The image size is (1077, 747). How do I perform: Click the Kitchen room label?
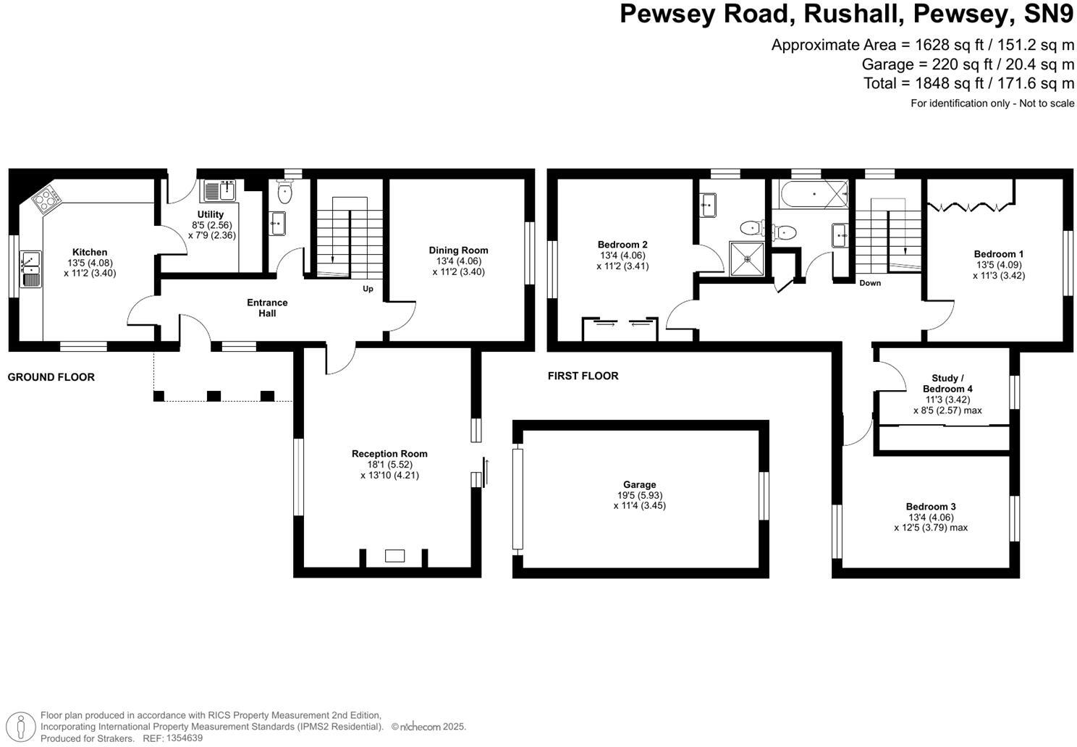(x=89, y=253)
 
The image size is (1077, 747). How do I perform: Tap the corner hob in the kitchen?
(x=46, y=198)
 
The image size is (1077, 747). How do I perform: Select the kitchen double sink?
(x=31, y=268)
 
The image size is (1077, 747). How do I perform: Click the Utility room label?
(x=211, y=214)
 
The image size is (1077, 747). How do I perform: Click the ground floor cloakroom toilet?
(x=284, y=192)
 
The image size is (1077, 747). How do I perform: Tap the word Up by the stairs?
(x=368, y=289)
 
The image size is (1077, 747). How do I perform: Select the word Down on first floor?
(x=870, y=283)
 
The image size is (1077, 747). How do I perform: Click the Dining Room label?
(x=458, y=250)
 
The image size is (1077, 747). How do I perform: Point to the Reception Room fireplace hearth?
(x=394, y=556)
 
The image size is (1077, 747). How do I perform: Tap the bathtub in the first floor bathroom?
(x=814, y=194)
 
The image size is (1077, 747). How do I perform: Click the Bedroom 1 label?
(x=998, y=254)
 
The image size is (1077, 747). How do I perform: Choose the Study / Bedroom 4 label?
(x=947, y=383)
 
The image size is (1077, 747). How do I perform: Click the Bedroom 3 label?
(x=931, y=507)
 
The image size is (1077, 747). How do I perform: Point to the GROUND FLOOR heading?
(x=51, y=377)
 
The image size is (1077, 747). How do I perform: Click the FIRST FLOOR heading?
(x=583, y=376)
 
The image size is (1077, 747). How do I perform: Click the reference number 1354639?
(x=185, y=738)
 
